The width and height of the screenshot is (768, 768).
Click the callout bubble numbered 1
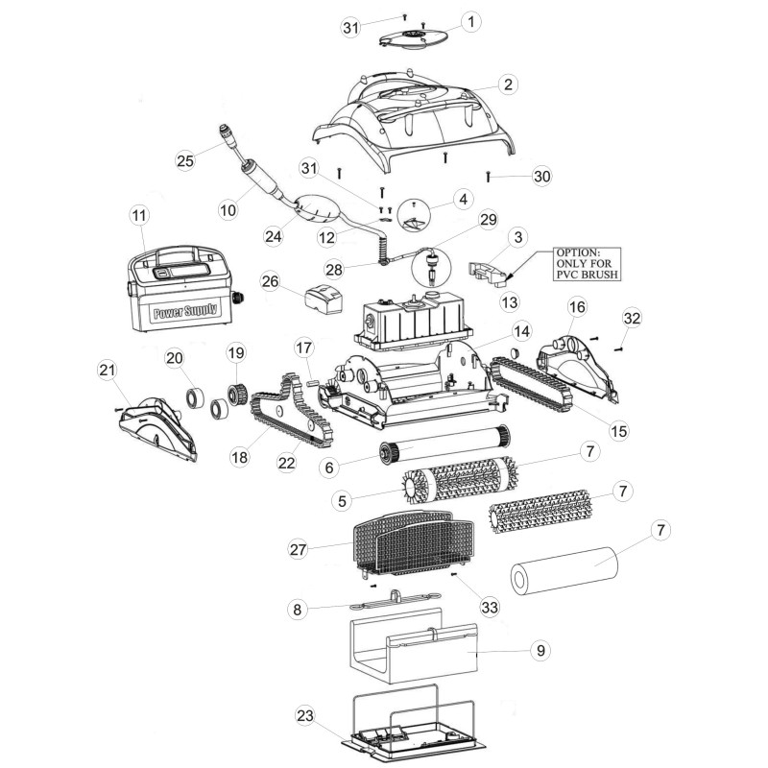coord(470,22)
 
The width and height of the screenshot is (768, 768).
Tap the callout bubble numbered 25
coord(185,160)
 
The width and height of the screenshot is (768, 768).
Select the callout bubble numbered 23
coord(304,715)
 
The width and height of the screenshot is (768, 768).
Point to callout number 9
coord(540,650)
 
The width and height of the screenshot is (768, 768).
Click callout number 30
coord(541,176)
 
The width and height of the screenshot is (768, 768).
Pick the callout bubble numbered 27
coord(298,549)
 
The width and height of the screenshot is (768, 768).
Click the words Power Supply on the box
coord(185,310)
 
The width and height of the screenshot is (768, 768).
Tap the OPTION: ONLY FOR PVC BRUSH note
coord(587,263)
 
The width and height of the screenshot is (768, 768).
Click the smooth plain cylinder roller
coord(564,570)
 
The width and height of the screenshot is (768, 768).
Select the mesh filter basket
coord(414,542)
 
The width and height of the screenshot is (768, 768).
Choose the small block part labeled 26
coord(324,299)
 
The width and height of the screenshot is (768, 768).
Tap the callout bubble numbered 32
coord(632,318)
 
